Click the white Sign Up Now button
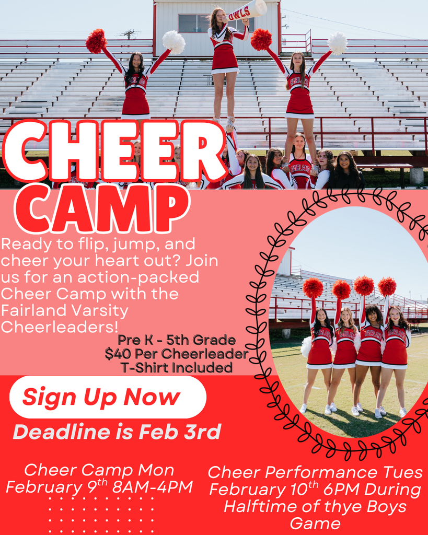pos(108,397)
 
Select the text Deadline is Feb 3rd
pos(117,432)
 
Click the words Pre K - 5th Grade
pos(177,340)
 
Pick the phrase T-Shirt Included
pos(177,367)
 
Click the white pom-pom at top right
pos(337,43)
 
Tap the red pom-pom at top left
pos(96,41)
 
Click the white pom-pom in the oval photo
pos(307,346)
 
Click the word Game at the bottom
pos(315,523)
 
